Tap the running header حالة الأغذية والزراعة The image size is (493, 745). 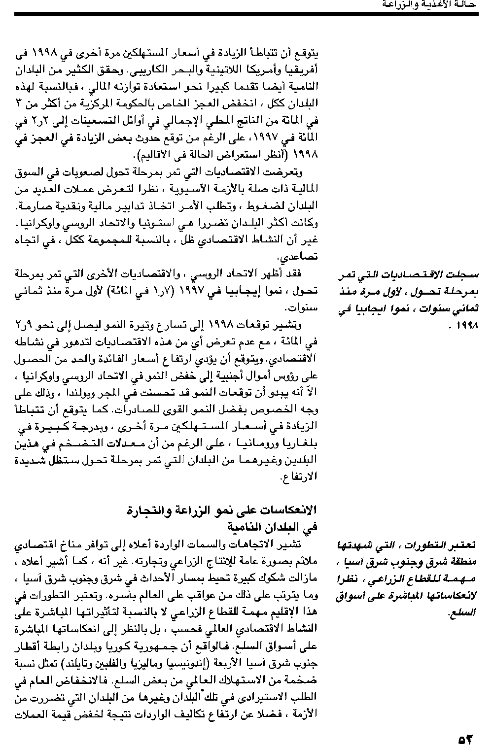[x=428, y=4]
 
